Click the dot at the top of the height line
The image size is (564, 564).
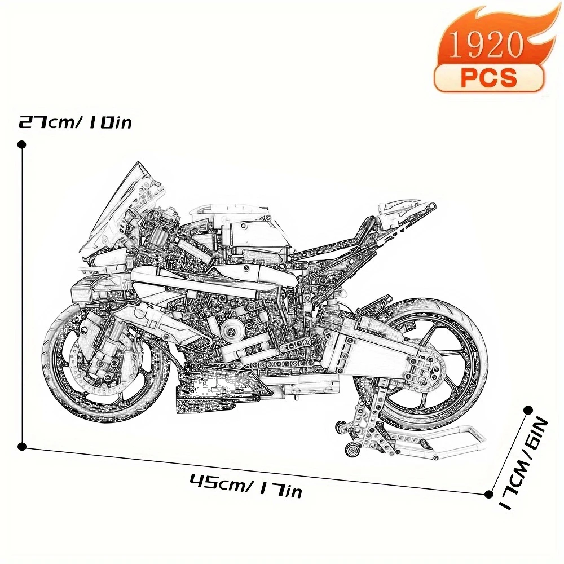(x=22, y=145)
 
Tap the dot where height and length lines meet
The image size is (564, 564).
(x=22, y=447)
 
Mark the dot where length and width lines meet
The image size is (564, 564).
(x=488, y=495)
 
